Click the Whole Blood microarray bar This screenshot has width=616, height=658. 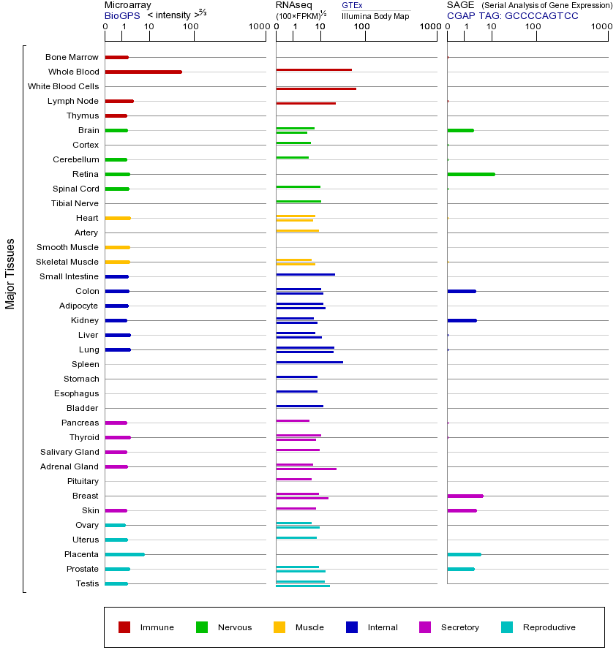pos(143,72)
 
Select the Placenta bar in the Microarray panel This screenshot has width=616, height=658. pos(124,554)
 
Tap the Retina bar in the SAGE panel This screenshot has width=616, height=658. pos(470,174)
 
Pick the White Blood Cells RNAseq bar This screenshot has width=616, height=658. pos(316,88)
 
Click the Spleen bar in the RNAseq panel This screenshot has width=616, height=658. pos(309,362)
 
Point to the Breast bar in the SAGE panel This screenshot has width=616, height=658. pos(465,496)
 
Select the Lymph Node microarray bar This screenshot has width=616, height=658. pos(119,101)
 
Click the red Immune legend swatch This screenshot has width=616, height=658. pos(124,627)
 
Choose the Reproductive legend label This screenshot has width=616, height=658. pos(549,627)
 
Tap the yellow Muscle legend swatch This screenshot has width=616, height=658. pos(279,627)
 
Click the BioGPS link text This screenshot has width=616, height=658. pos(120,15)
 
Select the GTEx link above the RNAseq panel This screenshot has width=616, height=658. pos(352,5)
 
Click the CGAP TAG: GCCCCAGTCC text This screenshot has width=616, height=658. pos(512,15)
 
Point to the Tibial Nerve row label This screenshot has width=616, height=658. pos(75,203)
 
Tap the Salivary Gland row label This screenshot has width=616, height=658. pos(70,452)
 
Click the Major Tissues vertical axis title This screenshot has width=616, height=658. pos(10,273)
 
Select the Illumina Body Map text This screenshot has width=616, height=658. pos(375,16)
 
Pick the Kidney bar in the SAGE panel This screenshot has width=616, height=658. pos(462,320)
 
